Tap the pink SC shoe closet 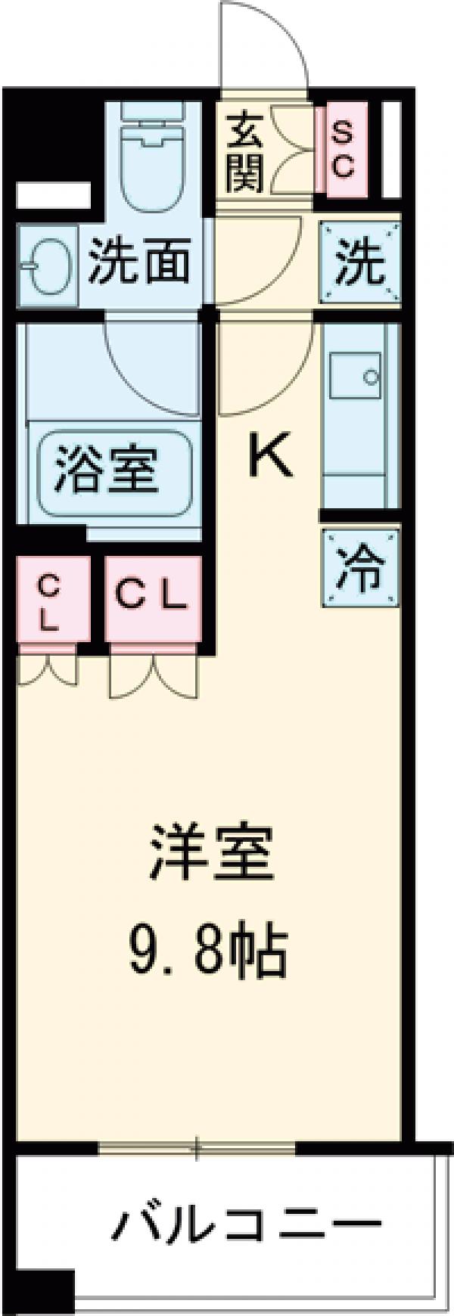pos(343,151)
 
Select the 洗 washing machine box pos(360,262)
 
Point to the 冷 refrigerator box pos(360,567)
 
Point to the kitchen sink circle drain pos(371,376)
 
